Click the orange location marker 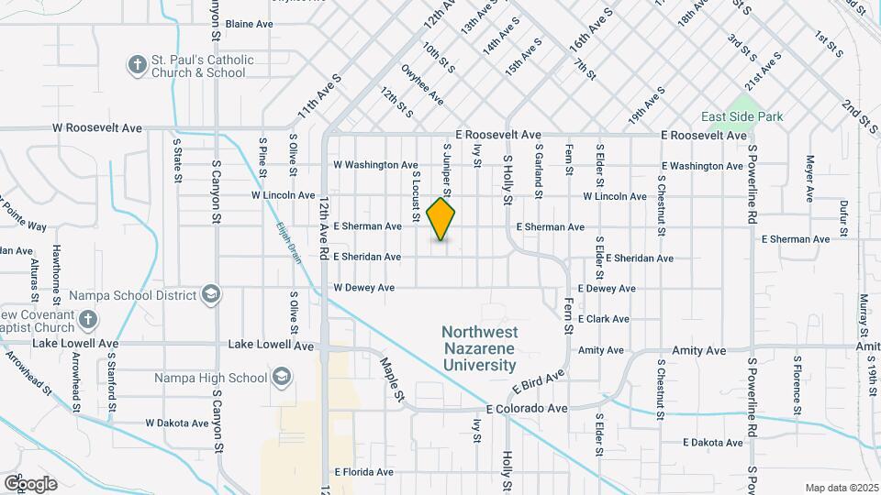pos(441,219)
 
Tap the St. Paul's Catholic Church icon pos(137,64)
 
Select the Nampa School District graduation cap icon pos(211,294)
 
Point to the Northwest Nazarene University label pos(479,348)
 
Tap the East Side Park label pos(742,116)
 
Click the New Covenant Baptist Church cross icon pos(87,319)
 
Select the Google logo pos(30,483)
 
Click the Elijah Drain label pos(283,242)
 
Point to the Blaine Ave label pos(250,24)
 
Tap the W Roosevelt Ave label pos(97,128)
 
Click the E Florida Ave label pos(363,472)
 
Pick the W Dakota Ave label pos(177,423)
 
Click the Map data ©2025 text pos(842,487)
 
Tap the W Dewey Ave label pos(363,288)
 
